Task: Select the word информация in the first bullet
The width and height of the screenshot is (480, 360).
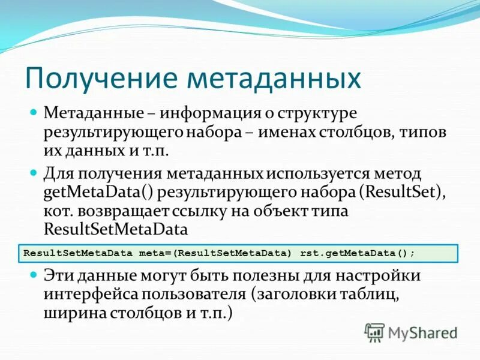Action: point(207,113)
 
